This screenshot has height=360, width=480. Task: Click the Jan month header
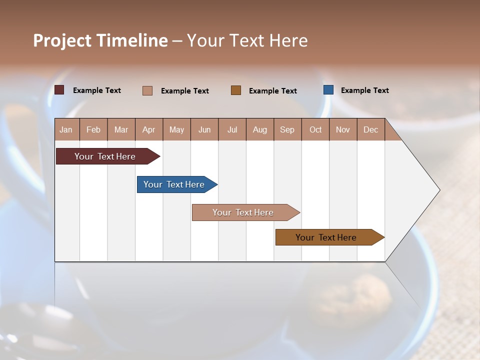(x=66, y=129)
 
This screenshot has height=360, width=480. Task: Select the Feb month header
(x=93, y=129)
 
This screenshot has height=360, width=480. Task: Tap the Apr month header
(x=148, y=129)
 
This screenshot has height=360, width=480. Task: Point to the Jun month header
(x=204, y=129)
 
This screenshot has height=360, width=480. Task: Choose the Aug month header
(x=260, y=129)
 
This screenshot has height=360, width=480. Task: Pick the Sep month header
(x=287, y=129)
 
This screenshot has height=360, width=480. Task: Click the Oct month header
(x=315, y=129)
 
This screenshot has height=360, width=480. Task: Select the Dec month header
(x=370, y=129)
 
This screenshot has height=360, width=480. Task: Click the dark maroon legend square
(x=59, y=90)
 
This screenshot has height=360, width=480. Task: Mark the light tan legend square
(x=147, y=90)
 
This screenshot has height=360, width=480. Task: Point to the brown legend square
(x=236, y=90)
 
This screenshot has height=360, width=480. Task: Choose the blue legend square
(x=328, y=90)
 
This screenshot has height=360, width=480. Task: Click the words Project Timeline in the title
(x=100, y=40)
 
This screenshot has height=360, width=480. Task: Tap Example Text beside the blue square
(x=364, y=90)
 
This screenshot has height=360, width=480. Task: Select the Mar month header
(x=121, y=129)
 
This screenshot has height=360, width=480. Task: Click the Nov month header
(x=343, y=129)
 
